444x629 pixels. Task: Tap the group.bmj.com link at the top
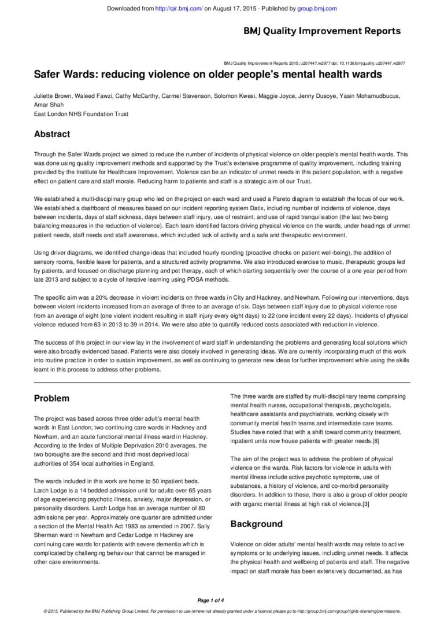317,9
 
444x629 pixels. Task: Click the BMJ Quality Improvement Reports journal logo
321,31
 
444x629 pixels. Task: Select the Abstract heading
52,134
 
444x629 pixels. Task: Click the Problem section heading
51,398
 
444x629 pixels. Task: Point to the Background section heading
256,524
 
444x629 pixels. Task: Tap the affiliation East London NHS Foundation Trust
81,114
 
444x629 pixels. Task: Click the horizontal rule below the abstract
222,382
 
